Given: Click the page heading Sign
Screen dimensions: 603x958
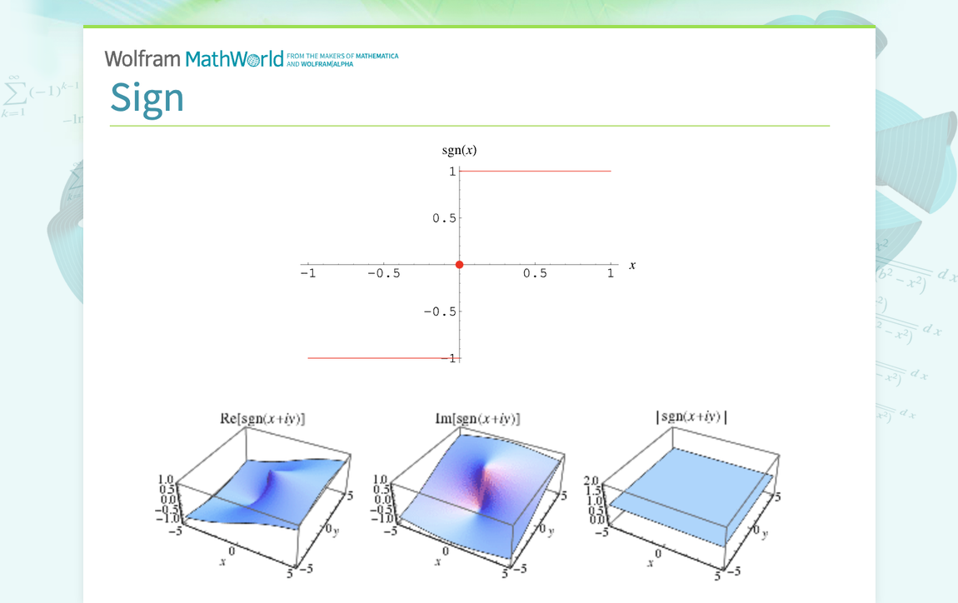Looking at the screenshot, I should click(x=147, y=98).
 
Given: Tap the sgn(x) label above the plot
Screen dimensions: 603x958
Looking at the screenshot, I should click(x=459, y=151).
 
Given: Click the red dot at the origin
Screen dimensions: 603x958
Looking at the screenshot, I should click(x=460, y=264).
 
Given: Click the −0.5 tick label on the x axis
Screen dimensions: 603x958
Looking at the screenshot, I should click(x=383, y=274).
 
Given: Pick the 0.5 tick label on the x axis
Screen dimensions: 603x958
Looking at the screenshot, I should click(x=536, y=274).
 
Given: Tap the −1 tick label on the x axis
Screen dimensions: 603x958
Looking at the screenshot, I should click(x=307, y=274).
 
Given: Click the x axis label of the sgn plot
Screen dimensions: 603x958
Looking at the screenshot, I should click(x=632, y=265).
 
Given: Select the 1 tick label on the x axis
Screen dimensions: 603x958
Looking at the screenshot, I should click(x=611, y=274).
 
